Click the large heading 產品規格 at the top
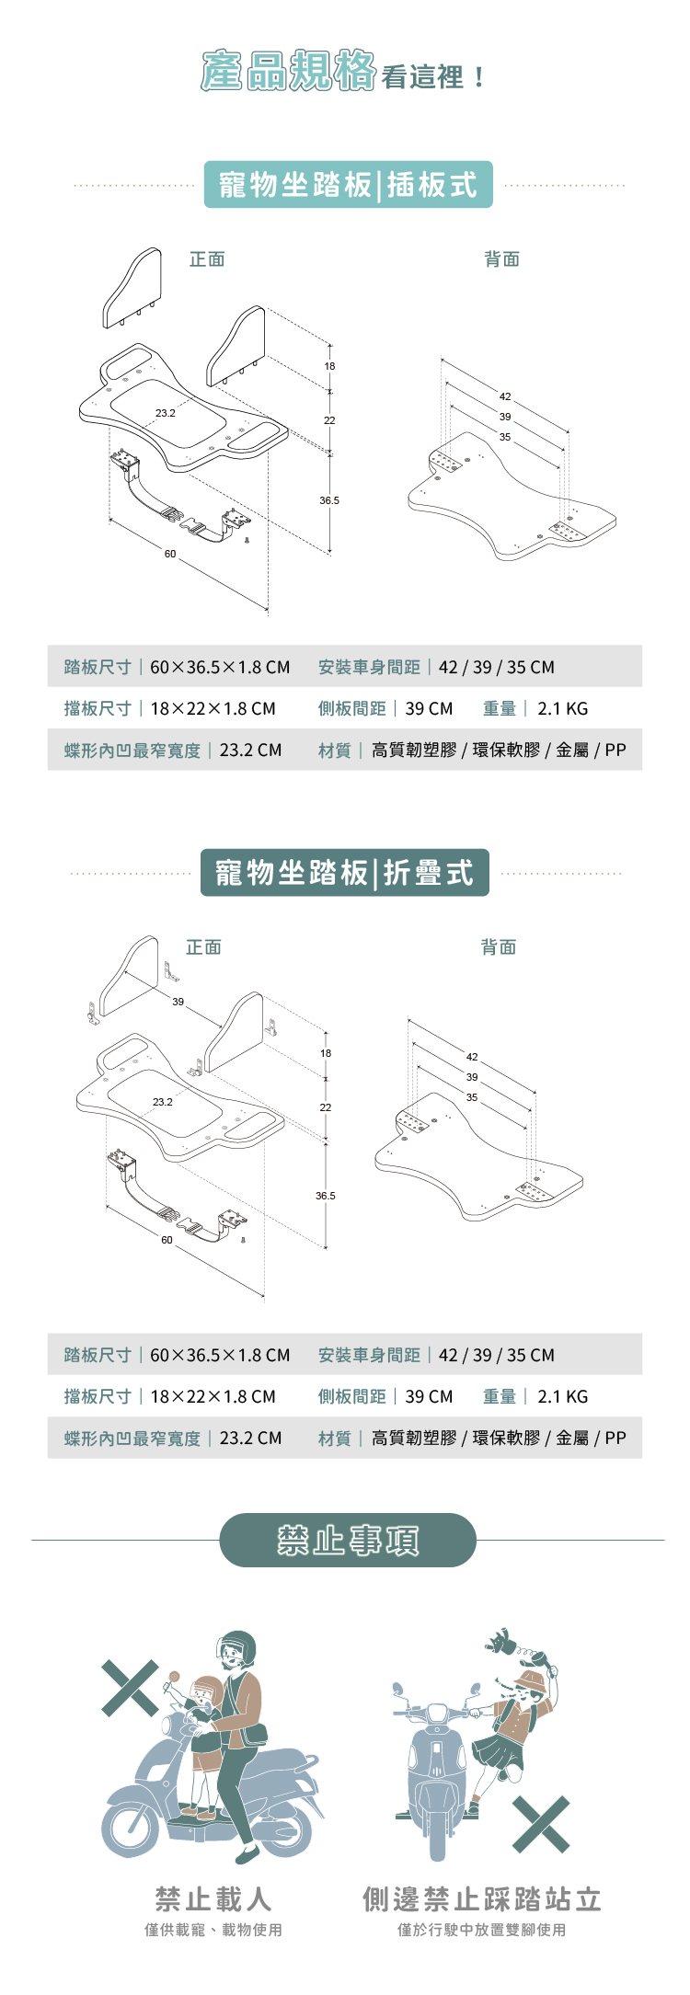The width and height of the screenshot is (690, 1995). pyautogui.click(x=288, y=72)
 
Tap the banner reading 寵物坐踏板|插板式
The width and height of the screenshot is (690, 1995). pyautogui.click(x=348, y=185)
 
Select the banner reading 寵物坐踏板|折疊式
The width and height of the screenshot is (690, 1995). pyautogui.click(x=344, y=873)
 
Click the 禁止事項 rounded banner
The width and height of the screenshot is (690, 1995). pyautogui.click(x=348, y=1540)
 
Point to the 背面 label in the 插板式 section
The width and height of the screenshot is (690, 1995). pyautogui.click(x=502, y=259)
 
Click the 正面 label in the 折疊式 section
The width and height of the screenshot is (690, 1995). pyautogui.click(x=203, y=947)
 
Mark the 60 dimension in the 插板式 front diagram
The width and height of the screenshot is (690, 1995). pyautogui.click(x=170, y=554)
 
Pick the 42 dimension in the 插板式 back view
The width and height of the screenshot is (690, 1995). pyautogui.click(x=505, y=396)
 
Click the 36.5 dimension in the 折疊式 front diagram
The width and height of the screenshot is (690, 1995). pyautogui.click(x=325, y=1196)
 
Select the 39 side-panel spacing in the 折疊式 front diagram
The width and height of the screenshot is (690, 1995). pyautogui.click(x=178, y=1002)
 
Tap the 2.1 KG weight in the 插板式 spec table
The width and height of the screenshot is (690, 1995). pyautogui.click(x=562, y=709)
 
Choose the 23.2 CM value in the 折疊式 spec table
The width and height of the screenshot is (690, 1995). pyautogui.click(x=250, y=1439)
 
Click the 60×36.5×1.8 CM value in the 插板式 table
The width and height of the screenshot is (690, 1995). pyautogui.click(x=220, y=668)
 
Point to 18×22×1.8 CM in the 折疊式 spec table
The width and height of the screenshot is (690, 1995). pyautogui.click(x=213, y=1397)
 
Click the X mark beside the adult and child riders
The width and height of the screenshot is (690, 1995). pyautogui.click(x=130, y=1689)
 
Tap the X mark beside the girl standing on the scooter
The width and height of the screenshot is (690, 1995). pyautogui.click(x=541, y=1825)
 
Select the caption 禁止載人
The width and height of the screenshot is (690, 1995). pyautogui.click(x=213, y=1898)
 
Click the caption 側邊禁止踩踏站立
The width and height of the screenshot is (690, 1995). pyautogui.click(x=481, y=1898)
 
